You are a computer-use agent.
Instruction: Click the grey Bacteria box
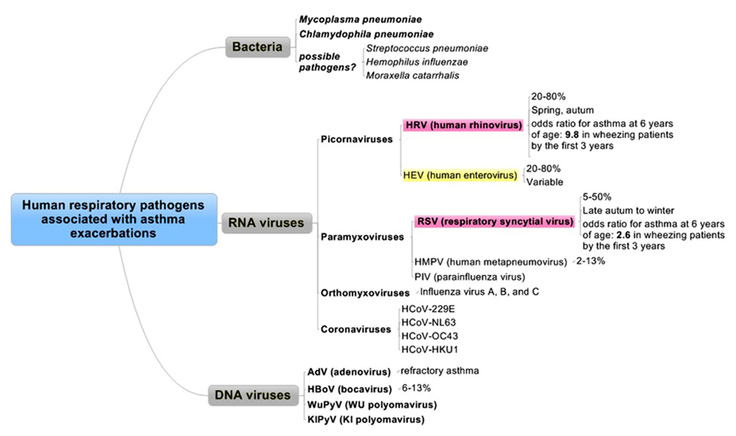click(258, 47)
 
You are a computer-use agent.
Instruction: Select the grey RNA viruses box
click(266, 223)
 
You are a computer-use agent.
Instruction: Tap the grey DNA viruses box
click(253, 395)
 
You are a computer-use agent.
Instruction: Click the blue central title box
click(114, 219)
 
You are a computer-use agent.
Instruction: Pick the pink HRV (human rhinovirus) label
click(463, 125)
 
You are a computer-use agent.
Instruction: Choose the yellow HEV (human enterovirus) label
click(460, 175)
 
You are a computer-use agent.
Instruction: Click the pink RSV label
click(495, 221)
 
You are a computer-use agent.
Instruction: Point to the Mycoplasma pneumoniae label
click(360, 19)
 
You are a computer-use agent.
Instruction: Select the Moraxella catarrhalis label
click(412, 76)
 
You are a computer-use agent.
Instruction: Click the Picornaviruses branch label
click(356, 139)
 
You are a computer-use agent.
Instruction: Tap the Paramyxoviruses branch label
click(362, 237)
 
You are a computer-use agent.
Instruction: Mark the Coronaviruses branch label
click(355, 329)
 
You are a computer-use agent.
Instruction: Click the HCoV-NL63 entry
click(428, 322)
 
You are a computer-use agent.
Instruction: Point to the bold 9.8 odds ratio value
click(572, 135)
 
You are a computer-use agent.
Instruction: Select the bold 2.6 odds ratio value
click(623, 235)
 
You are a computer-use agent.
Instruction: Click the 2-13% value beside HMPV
click(591, 261)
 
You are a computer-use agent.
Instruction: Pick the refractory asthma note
click(440, 371)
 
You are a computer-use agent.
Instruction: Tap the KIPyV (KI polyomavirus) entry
click(366, 419)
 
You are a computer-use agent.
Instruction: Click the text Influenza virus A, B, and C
click(479, 291)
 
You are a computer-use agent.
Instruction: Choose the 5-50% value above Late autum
click(597, 197)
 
